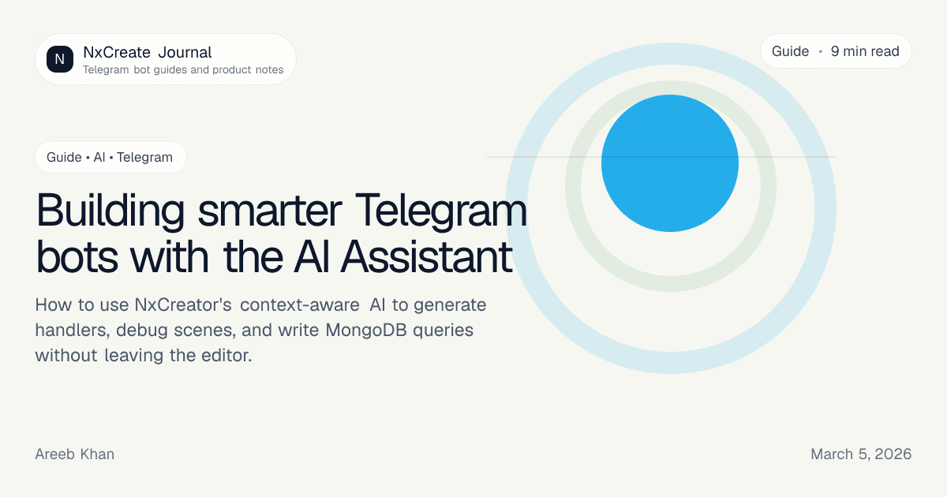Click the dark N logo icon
[x=60, y=59]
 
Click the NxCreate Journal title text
[x=148, y=53]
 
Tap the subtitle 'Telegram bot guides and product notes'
[x=183, y=69]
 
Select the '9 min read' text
[x=865, y=51]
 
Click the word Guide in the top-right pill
[x=790, y=51]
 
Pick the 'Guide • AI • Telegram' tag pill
[x=110, y=157]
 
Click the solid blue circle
[x=669, y=163]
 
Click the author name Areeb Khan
[x=75, y=454]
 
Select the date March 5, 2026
[x=861, y=454]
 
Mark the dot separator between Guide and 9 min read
[x=820, y=51]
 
